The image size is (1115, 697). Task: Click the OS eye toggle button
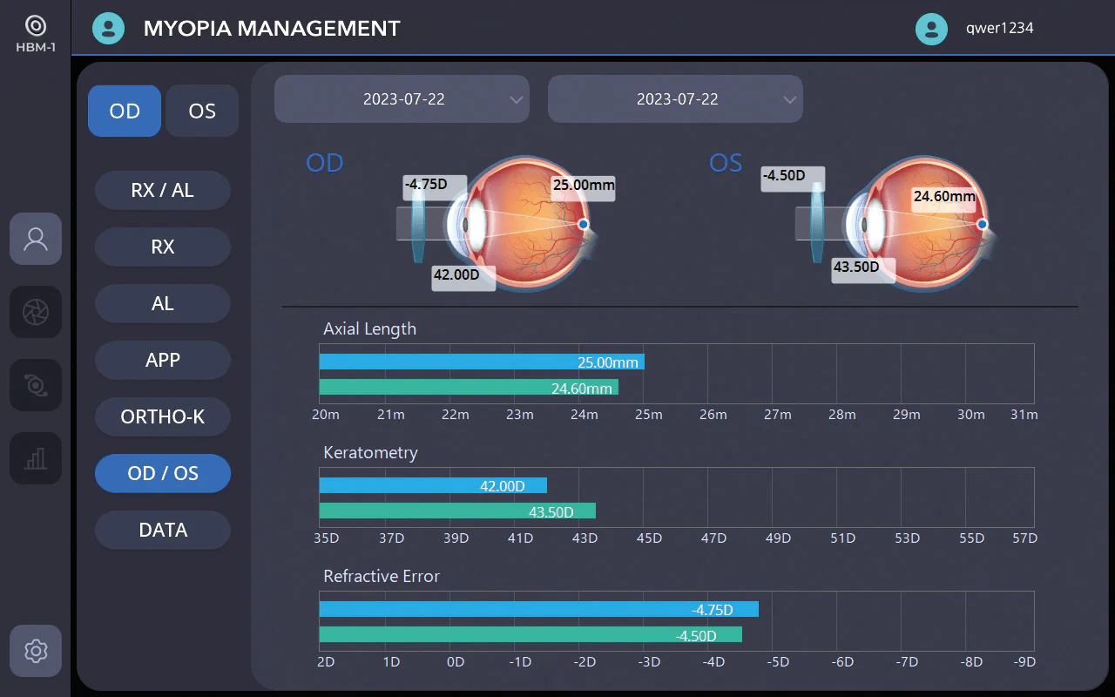point(202,111)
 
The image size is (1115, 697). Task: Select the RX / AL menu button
point(163,190)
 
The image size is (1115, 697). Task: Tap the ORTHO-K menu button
point(163,416)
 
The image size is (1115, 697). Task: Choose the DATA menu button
point(163,530)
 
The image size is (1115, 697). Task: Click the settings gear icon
point(36,651)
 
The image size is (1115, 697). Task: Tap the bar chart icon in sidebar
point(36,458)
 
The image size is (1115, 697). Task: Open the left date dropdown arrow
point(517,99)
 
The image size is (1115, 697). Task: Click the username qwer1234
point(999,28)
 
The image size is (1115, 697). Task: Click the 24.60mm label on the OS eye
point(944,196)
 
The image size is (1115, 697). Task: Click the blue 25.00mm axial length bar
point(482,362)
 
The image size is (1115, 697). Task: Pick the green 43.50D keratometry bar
point(457,511)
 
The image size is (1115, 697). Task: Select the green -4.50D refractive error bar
point(530,635)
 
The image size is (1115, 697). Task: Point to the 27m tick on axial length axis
point(778,414)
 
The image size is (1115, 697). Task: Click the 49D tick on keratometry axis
point(778,538)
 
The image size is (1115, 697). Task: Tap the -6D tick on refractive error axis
point(842,661)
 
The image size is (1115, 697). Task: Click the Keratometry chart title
point(370,452)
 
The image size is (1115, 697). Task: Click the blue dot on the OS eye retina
point(982,224)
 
